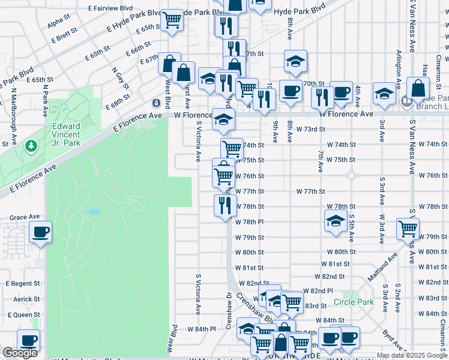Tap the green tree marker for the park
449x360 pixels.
point(31,146)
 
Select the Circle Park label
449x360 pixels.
point(354,301)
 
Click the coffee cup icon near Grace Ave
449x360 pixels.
point(40,232)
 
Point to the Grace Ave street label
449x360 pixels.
point(25,217)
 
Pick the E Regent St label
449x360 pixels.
point(23,283)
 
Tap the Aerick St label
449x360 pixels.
point(26,299)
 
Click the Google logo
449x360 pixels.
point(20,353)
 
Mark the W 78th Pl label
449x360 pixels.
point(252,221)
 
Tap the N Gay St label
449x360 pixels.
point(120,78)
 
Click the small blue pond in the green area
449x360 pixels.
point(92,212)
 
